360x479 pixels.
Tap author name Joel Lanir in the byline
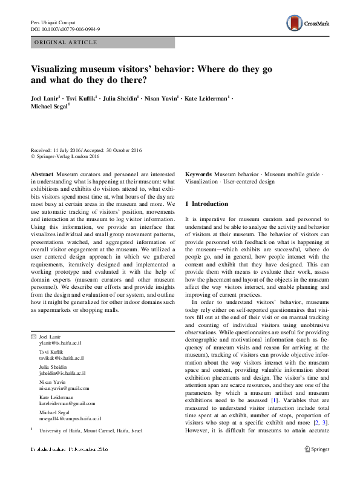coord(47,98)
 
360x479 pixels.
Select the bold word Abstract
coord(42,174)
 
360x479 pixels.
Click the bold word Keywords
coord(198,174)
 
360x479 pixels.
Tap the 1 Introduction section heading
coord(206,203)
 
